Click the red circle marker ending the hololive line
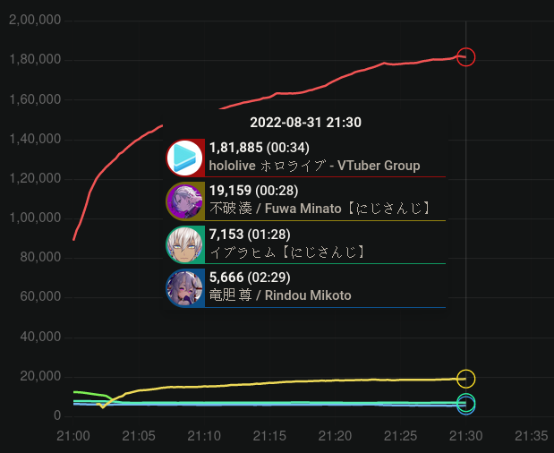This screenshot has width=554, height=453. (465, 57)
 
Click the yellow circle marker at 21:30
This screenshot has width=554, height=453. (465, 379)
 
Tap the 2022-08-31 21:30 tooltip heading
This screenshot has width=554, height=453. (305, 123)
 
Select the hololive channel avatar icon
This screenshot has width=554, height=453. (186, 158)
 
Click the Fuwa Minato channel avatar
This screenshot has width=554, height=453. (186, 201)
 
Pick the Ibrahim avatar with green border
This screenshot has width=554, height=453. (186, 244)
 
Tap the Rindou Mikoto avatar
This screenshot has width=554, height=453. (186, 287)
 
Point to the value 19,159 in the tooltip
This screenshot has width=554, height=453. (230, 191)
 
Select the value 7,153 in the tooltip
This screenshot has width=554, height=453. (226, 235)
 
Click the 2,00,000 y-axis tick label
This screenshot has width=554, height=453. (34, 21)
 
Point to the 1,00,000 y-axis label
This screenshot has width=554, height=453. (34, 218)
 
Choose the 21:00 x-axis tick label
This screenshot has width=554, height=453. (72, 436)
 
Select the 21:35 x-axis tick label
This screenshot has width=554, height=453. (531, 436)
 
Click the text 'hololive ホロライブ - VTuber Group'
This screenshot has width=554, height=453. (314, 166)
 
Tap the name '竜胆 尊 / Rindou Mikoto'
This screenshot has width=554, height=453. (280, 295)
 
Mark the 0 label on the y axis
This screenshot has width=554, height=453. (56, 416)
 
